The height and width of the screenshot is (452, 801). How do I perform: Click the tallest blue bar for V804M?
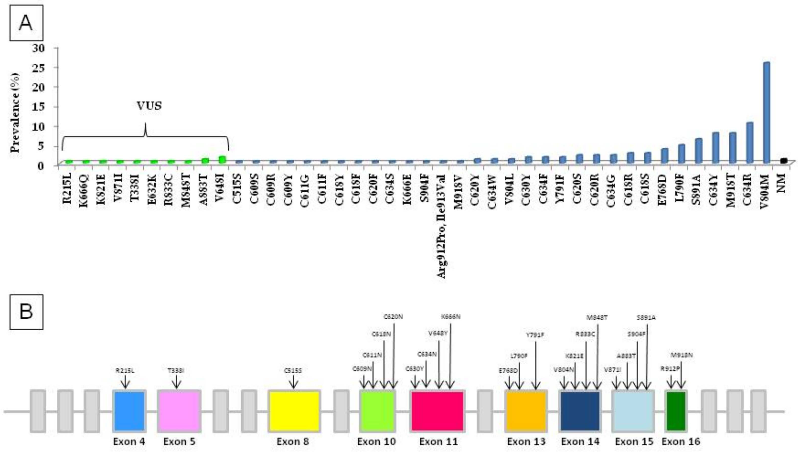click(767, 112)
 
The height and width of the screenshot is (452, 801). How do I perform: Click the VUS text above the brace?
click(149, 106)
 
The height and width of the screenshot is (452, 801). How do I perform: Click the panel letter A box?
click(26, 23)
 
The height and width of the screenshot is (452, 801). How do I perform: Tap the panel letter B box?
click(26, 312)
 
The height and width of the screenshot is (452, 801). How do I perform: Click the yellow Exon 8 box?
click(294, 411)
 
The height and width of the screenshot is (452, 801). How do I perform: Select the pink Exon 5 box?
click(179, 411)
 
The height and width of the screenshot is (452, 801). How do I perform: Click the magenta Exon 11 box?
click(438, 411)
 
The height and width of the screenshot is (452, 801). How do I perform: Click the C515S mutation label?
click(293, 371)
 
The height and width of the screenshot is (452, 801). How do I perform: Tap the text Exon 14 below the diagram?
click(580, 441)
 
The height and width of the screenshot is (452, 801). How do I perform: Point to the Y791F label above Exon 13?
click(535, 335)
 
